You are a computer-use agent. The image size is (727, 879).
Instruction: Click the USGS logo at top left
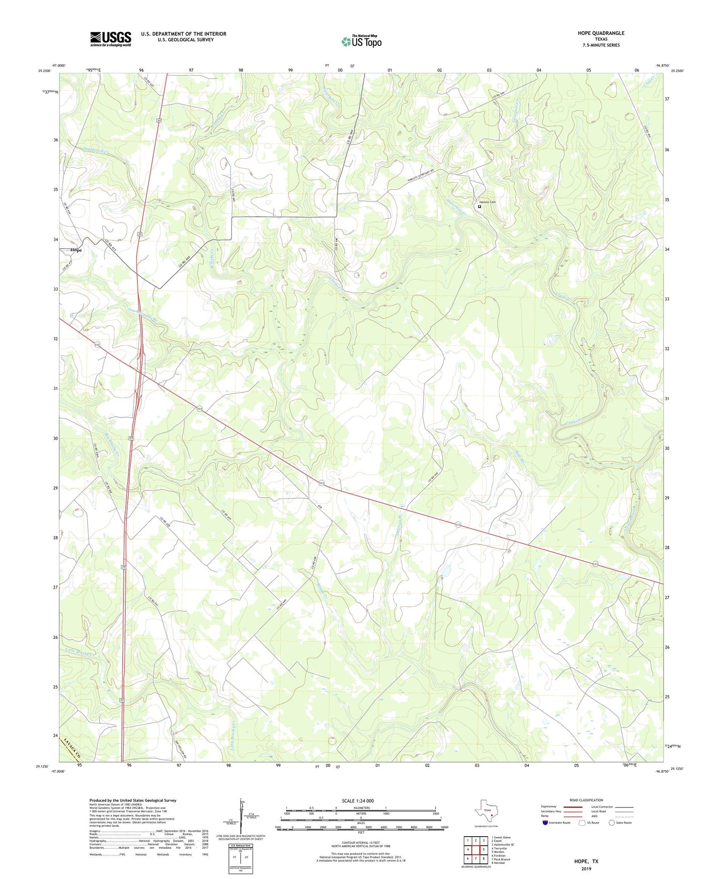[111, 38]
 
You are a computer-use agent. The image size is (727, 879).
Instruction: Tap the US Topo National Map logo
[361, 41]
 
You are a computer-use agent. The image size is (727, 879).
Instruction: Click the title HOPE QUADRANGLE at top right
[601, 33]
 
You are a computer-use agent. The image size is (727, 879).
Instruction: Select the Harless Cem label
[488, 202]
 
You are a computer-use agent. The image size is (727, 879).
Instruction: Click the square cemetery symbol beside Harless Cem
[479, 206]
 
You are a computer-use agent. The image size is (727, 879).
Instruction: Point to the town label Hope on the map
[76, 250]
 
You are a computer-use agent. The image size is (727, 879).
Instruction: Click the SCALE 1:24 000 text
[358, 800]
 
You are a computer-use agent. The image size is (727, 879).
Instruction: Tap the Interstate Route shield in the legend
[546, 823]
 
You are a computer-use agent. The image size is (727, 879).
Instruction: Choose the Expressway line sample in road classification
[574, 806]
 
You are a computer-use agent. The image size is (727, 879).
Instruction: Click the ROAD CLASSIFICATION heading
[586, 800]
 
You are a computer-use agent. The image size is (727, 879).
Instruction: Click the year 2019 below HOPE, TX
[586, 868]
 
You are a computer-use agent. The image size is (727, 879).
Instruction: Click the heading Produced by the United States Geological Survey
[133, 800]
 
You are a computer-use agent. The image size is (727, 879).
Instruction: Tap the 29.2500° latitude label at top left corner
[44, 71]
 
